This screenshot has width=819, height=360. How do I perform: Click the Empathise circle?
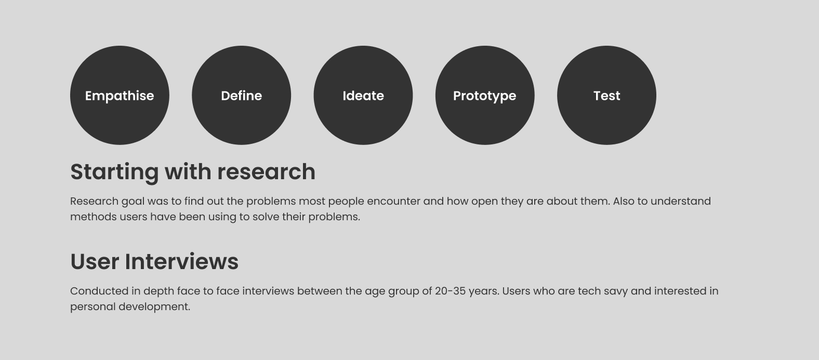(x=120, y=96)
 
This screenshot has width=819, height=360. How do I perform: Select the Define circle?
(x=241, y=96)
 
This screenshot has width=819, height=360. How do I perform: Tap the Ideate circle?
(x=363, y=96)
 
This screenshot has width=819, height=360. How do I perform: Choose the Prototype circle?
(x=485, y=96)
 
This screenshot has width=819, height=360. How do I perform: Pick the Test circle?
(x=606, y=96)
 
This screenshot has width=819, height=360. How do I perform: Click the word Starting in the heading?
(x=114, y=172)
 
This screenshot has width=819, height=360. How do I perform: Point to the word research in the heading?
(x=266, y=172)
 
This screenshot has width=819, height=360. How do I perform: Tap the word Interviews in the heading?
(x=182, y=262)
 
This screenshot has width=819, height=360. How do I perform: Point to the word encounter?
(x=394, y=202)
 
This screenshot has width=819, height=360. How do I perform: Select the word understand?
(x=681, y=202)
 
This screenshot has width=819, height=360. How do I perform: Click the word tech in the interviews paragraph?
(x=589, y=291)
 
